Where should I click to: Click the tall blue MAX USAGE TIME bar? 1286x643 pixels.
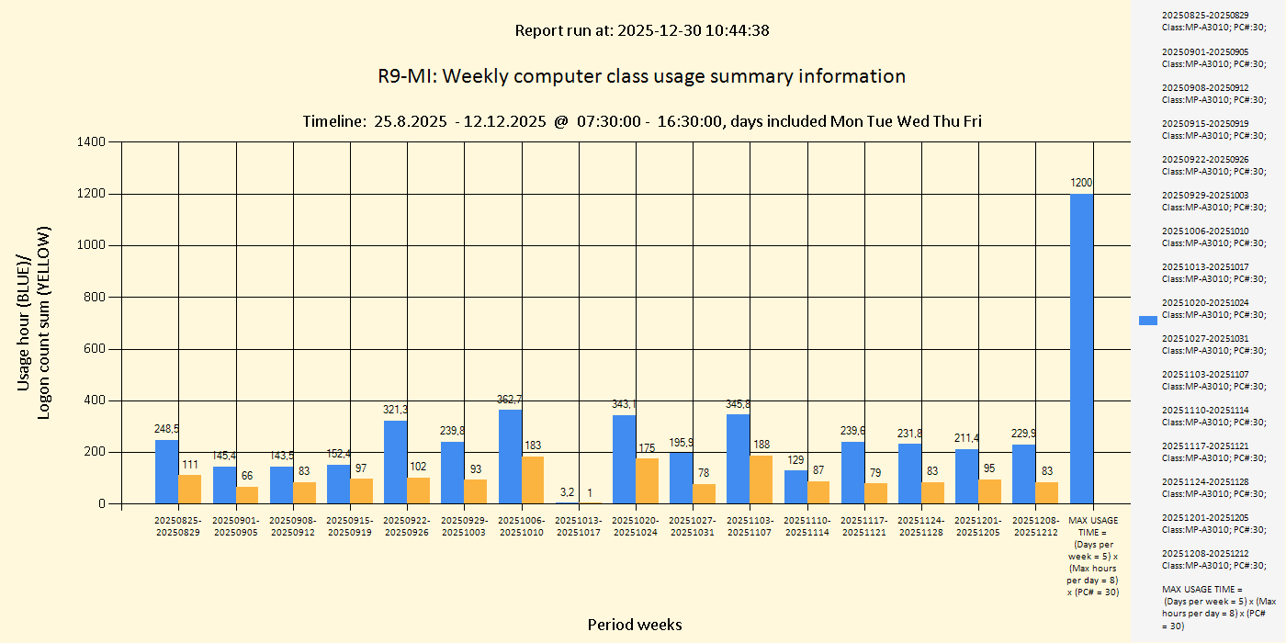1081,349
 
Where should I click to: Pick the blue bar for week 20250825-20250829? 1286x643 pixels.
166,471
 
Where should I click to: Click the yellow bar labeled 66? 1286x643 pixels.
247,495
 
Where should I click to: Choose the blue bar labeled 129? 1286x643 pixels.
795,487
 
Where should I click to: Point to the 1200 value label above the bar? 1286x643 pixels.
1081,183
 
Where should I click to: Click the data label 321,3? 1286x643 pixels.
396,410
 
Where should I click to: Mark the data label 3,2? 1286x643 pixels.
567,492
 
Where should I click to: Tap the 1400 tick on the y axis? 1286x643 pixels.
93,142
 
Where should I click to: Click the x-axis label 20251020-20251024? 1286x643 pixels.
636,526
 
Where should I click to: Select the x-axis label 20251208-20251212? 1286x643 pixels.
1035,526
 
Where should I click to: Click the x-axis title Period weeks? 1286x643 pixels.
635,625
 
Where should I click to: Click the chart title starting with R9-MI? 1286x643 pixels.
641,76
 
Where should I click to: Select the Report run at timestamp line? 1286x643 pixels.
641,30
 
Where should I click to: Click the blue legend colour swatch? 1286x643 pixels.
1148,321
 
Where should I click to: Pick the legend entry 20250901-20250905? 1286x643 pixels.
1210,58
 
